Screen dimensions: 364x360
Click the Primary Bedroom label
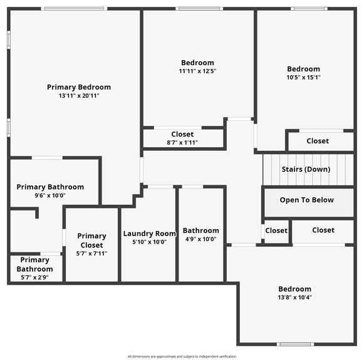(79, 87)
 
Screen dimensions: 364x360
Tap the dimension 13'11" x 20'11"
(79, 96)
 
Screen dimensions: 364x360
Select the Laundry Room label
(150, 234)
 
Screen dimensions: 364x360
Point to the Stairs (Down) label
(306, 169)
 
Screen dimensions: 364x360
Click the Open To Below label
(306, 200)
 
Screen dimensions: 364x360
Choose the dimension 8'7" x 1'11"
(182, 142)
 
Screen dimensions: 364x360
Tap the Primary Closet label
(91, 240)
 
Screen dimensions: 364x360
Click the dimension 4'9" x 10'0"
(201, 239)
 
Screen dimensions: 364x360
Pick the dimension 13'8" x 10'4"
(295, 297)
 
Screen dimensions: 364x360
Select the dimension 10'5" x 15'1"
(304, 77)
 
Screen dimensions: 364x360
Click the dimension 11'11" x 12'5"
(197, 71)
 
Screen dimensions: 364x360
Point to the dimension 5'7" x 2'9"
(35, 277)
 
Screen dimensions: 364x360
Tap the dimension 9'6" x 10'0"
(50, 195)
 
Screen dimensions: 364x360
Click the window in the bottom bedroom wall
(295, 344)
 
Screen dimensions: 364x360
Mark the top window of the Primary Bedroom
(75, 9)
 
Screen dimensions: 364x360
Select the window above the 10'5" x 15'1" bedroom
(309, 9)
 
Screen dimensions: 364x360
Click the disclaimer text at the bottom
(182, 356)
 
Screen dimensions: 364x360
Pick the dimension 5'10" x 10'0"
(150, 242)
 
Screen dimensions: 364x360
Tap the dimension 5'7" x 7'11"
(91, 254)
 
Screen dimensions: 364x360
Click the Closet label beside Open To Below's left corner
(276, 230)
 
